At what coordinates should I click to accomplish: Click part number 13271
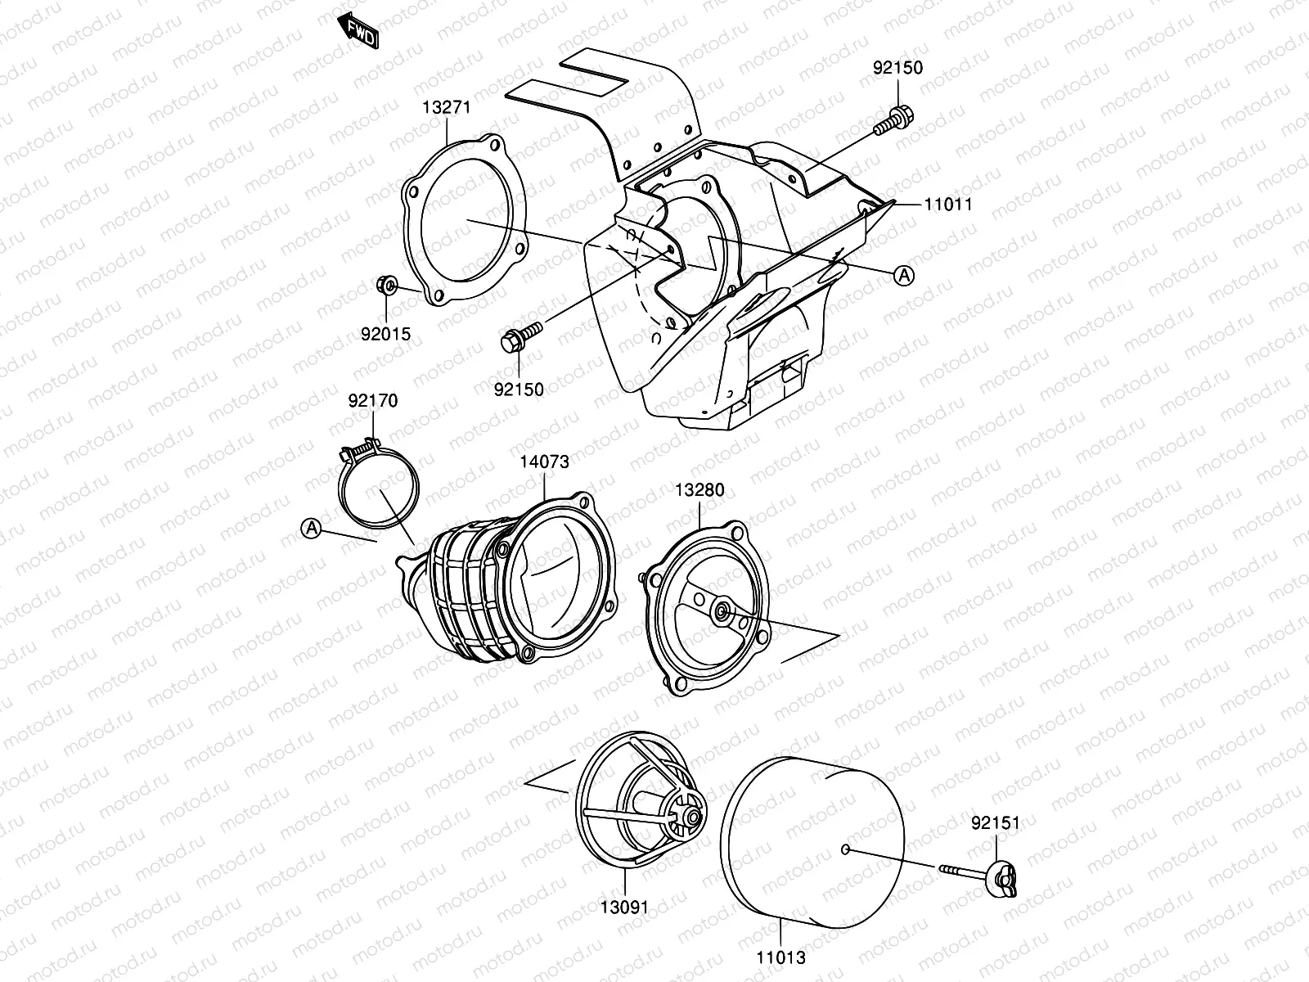click(446, 107)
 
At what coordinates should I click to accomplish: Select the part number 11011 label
click(948, 204)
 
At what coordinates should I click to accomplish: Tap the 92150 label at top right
click(897, 68)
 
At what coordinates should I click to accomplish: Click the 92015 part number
click(385, 334)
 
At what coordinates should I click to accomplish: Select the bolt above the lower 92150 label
click(519, 336)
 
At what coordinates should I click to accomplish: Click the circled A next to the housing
click(903, 276)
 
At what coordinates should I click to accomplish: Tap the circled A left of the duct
click(311, 529)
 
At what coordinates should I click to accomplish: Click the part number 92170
click(373, 401)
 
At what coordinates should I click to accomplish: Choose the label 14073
click(544, 462)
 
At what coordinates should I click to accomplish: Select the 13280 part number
click(699, 490)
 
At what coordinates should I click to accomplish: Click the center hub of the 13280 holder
click(722, 610)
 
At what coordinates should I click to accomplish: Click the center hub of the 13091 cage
click(692, 815)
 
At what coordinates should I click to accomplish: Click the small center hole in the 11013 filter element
click(845, 849)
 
